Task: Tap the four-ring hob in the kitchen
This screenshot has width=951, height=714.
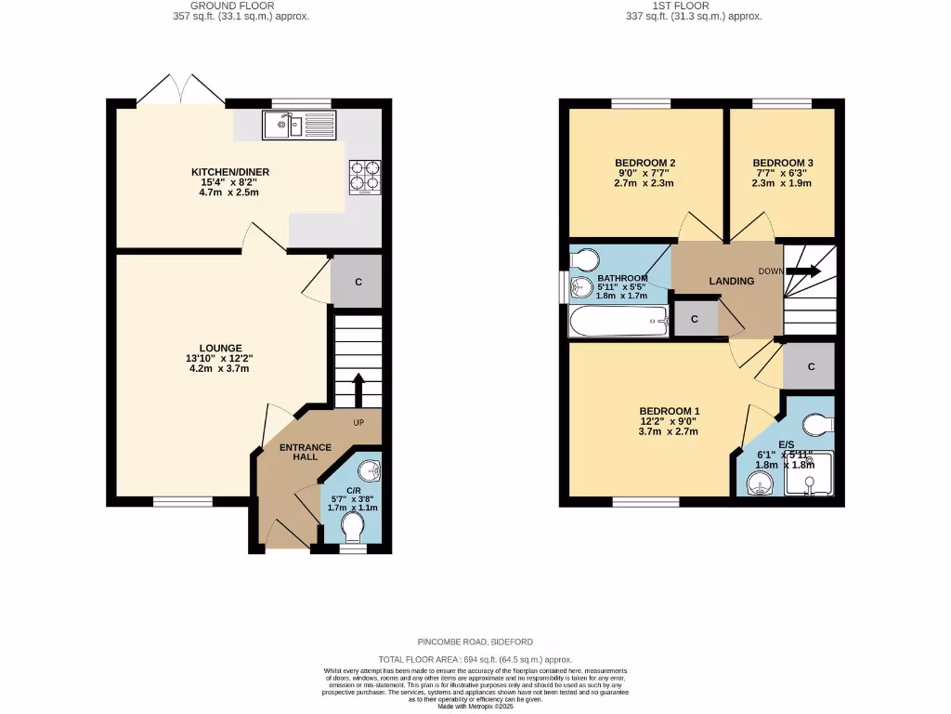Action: pos(364,177)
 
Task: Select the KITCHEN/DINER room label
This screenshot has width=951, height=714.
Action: pos(217,173)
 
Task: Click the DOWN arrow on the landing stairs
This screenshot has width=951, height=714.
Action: pos(803,271)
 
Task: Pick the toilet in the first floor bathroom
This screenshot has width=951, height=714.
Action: pos(585,258)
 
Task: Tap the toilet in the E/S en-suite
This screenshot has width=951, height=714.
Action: pos(816,425)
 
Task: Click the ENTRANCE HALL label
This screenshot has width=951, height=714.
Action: pos(306,453)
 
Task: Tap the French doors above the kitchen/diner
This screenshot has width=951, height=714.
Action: pos(182,89)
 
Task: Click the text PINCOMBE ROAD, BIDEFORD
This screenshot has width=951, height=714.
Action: pos(475,641)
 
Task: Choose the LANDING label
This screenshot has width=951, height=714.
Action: pos(731,281)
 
